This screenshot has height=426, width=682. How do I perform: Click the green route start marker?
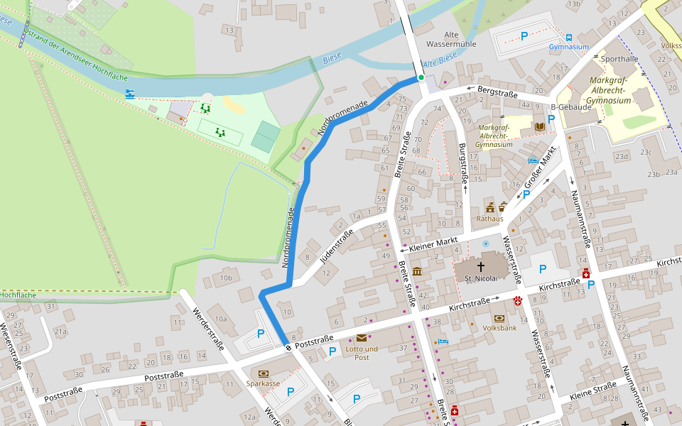point(421,77)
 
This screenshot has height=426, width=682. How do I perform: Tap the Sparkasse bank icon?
point(264,373)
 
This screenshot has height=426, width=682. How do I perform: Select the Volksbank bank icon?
point(499,318)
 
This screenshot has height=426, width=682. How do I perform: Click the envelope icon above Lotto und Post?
point(362,338)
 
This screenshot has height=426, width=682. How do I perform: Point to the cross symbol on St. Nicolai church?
point(481,267)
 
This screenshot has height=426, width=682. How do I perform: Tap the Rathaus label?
point(489,219)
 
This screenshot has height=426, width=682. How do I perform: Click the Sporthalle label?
point(619,59)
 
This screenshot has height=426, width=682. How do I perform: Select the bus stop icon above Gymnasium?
point(569,38)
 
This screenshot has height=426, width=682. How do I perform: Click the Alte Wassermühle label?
point(460,39)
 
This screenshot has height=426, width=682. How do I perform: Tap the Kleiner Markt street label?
point(433,245)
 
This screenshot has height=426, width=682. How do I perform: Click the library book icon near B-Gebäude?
point(540,126)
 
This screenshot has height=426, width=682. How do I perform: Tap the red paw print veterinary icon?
point(519,301)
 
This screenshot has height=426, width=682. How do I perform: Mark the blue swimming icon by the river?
point(130,94)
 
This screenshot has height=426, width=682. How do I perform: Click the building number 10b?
point(226,278)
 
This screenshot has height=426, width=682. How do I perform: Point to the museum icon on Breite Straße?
point(416,272)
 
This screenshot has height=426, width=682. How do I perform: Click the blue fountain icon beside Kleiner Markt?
point(486,244)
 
